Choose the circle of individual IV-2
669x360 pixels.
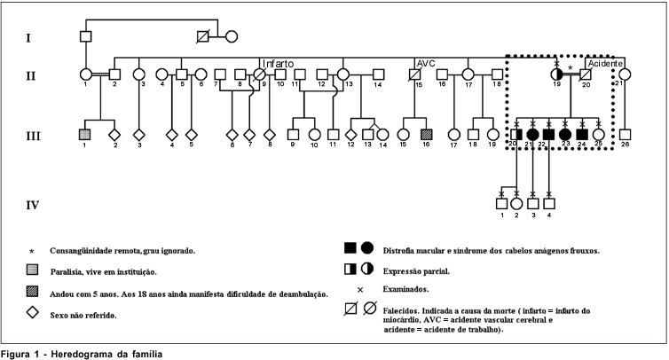click(516, 204)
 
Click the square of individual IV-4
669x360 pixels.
click(549, 204)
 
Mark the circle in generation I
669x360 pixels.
click(232, 37)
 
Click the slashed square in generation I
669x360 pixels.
click(204, 37)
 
